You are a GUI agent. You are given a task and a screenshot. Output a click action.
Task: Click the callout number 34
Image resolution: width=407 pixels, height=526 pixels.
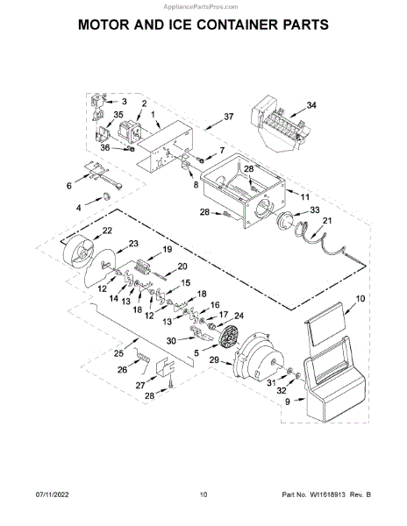point(311,105)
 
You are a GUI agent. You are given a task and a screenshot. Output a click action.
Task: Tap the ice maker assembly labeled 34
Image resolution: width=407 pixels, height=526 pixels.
point(279,124)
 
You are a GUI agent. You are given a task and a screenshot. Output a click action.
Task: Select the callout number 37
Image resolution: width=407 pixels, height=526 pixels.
point(228,117)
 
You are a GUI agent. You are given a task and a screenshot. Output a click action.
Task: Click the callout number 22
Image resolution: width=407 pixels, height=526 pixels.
point(107,231)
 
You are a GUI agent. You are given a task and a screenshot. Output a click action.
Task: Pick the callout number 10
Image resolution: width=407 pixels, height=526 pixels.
point(360,298)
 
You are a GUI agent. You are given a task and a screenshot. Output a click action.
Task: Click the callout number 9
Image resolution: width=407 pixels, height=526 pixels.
point(288,402)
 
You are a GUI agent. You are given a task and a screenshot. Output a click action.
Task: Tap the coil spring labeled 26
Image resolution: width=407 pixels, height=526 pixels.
point(143,358)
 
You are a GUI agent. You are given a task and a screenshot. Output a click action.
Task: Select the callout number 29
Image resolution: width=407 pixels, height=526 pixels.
point(214,360)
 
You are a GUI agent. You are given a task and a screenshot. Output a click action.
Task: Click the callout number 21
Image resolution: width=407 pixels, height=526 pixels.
point(327,220)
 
